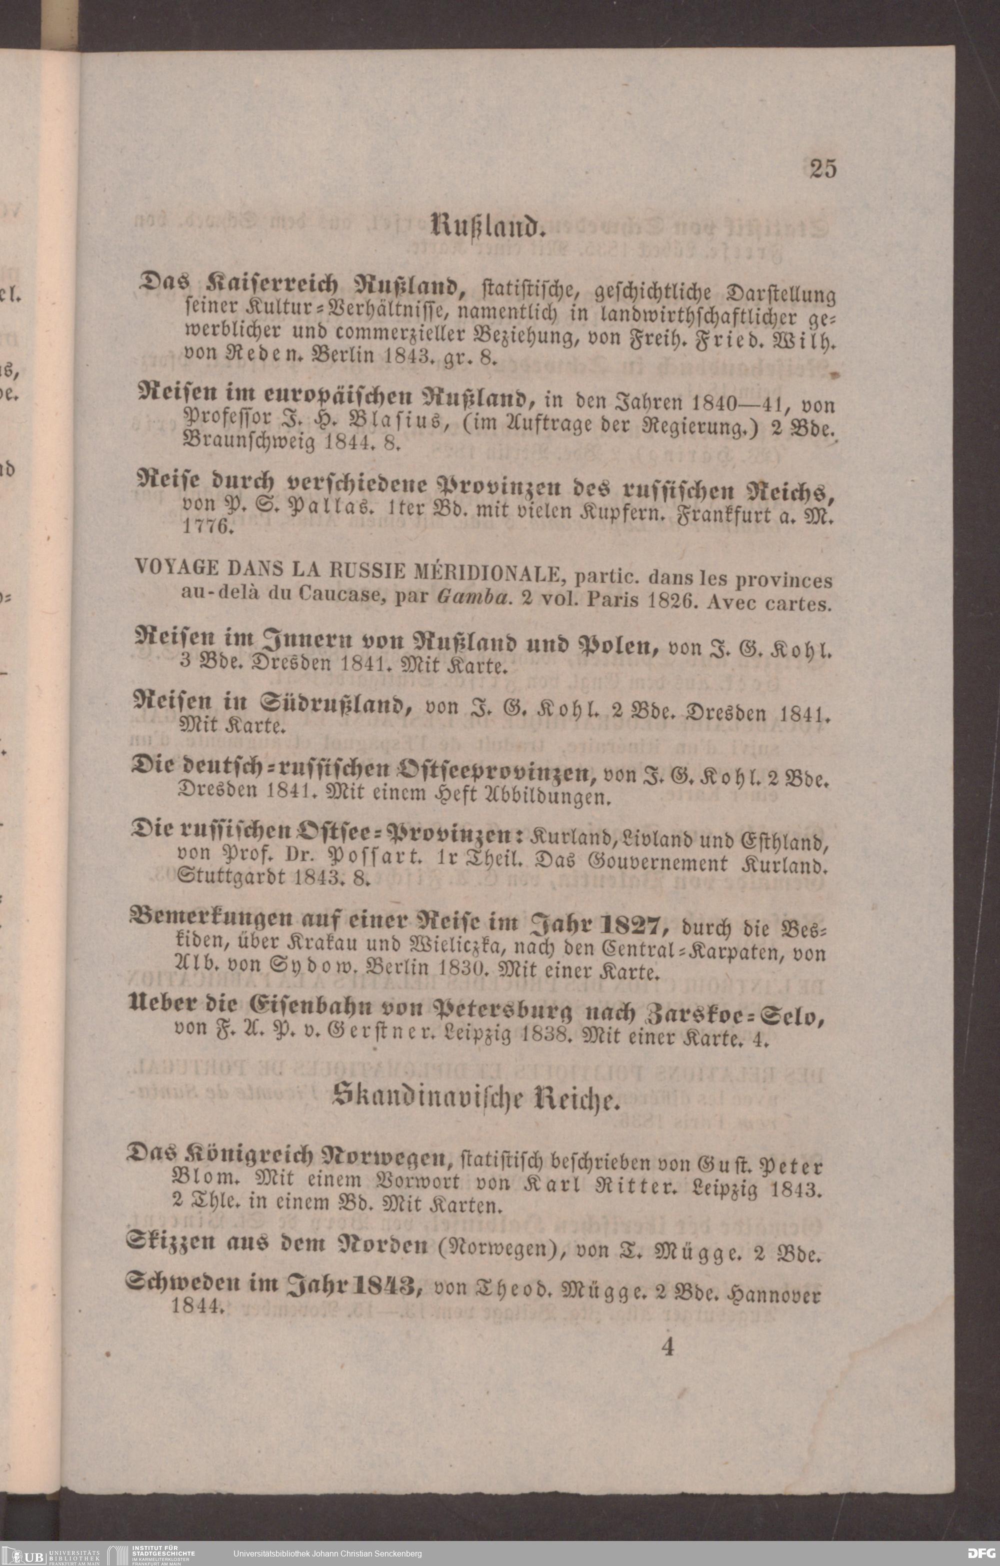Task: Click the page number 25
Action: coord(822,169)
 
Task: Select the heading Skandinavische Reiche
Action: coord(473,1098)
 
